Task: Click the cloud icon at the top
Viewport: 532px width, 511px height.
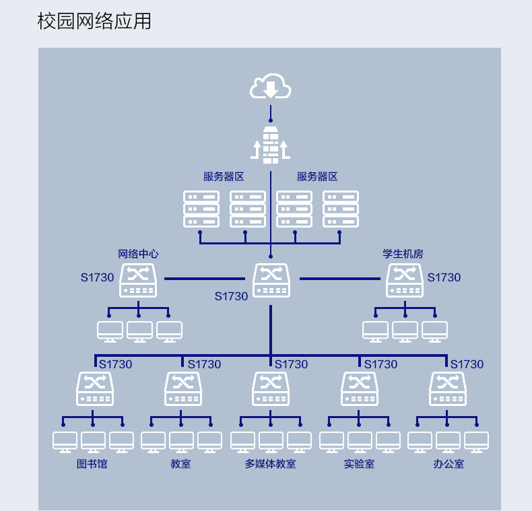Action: coord(271,86)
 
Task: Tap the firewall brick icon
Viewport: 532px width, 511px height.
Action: coord(271,145)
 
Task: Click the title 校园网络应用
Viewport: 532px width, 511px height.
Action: coord(94,21)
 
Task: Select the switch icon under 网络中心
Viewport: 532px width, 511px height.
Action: coord(138,281)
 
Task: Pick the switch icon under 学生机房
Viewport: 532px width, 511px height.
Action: coord(405,281)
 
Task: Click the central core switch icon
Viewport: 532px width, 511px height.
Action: coord(271,281)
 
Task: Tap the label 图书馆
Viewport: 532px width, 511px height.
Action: coord(92,464)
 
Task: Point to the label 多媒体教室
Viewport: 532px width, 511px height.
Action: coord(271,464)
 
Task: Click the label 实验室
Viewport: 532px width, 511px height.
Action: coord(360,464)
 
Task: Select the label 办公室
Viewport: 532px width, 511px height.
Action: coord(448,464)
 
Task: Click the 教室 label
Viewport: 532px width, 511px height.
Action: coord(181,464)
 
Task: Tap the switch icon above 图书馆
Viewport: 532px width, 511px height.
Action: coord(95,389)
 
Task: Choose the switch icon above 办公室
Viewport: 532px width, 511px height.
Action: coord(448,389)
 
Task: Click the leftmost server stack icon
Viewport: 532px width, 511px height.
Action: coord(201,209)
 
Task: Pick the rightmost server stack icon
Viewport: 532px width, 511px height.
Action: coord(341,209)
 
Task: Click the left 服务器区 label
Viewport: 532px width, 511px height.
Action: coord(224,176)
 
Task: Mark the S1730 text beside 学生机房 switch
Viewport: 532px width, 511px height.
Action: coord(444,277)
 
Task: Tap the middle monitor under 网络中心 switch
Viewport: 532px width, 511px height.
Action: coord(139,332)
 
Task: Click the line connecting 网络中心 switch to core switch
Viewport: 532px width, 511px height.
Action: coord(205,279)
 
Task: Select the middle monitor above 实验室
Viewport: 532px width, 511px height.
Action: coord(360,442)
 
